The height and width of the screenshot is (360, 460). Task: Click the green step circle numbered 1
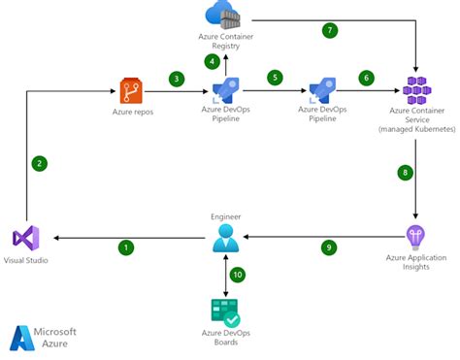pos(125,247)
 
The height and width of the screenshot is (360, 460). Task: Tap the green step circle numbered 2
pos(39,163)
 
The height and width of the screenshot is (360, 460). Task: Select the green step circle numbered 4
pos(212,61)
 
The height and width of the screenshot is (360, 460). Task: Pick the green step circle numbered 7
pos(330,30)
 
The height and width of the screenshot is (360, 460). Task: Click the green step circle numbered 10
pos(238,275)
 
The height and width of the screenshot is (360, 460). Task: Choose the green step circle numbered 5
pos(275,77)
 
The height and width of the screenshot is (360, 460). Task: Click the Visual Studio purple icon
pos(26,238)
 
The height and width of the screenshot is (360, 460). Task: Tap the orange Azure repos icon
pos(132,92)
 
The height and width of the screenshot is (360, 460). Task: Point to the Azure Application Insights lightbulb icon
pos(415,237)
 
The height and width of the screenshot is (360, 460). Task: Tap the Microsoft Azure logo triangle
pos(22,338)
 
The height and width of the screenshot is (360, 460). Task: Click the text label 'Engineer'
pos(225,215)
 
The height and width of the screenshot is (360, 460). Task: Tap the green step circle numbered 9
pos(329,247)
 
